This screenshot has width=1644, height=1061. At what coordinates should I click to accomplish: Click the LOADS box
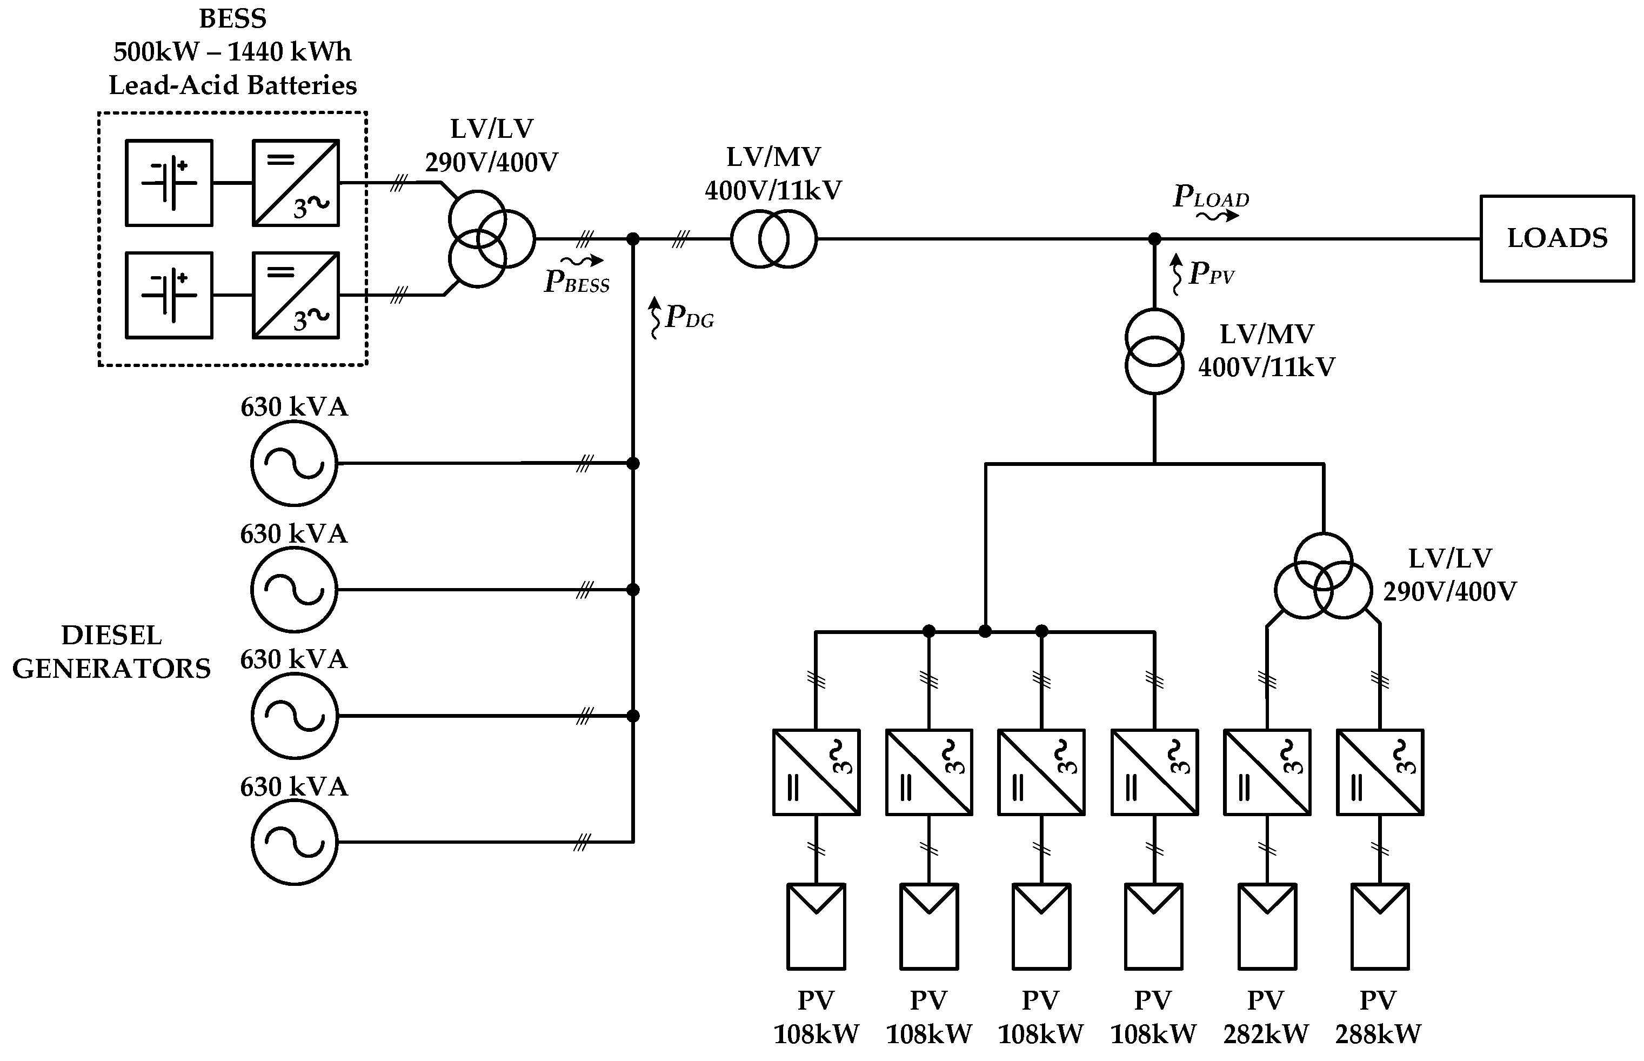click(1556, 238)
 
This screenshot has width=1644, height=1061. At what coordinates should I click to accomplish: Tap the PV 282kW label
click(1266, 1017)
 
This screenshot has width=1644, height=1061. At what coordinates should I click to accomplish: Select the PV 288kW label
click(1378, 1017)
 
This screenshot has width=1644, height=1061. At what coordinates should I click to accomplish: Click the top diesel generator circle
click(294, 463)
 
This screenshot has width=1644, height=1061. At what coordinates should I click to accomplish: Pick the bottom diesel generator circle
click(294, 842)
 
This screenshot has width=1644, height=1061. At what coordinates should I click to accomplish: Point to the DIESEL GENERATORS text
click(111, 652)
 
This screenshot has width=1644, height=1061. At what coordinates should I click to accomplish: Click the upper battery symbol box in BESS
click(169, 183)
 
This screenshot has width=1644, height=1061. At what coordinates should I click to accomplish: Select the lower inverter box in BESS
click(296, 295)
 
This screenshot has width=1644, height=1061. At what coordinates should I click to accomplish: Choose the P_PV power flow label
click(1210, 273)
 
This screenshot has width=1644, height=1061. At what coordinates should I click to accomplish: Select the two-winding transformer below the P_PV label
click(1154, 351)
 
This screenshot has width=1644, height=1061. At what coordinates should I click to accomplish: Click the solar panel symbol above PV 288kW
click(1380, 926)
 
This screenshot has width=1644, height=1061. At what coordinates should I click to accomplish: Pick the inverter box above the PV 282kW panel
click(1267, 772)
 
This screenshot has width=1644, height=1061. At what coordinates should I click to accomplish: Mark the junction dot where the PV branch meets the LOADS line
click(1154, 239)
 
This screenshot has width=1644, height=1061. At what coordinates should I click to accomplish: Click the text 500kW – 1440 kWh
click(233, 52)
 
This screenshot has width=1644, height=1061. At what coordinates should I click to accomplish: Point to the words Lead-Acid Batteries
click(233, 85)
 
